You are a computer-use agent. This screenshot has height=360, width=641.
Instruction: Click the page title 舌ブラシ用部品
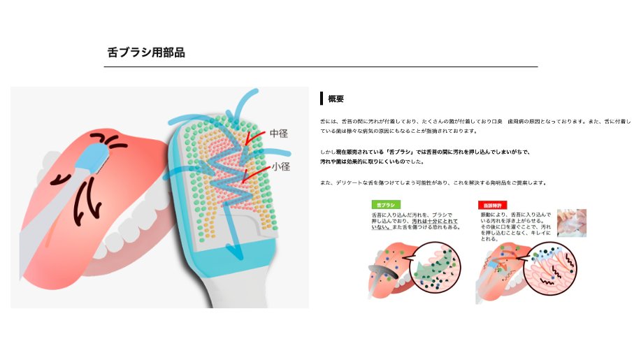click(146, 52)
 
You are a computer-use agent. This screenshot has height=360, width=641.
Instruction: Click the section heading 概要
click(336, 99)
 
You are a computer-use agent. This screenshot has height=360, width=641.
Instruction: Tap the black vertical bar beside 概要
click(321, 99)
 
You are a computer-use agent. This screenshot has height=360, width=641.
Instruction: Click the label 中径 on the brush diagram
click(280, 132)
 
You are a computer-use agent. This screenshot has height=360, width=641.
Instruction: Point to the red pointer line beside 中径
click(254, 136)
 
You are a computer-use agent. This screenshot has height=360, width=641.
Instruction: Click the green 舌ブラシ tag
click(382, 205)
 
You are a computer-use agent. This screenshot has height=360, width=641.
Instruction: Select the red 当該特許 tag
click(489, 205)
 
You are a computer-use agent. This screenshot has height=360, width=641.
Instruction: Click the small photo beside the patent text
click(571, 222)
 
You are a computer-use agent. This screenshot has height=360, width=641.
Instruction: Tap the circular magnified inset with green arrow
click(435, 266)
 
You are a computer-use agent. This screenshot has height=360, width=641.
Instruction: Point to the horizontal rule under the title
click(321, 66)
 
